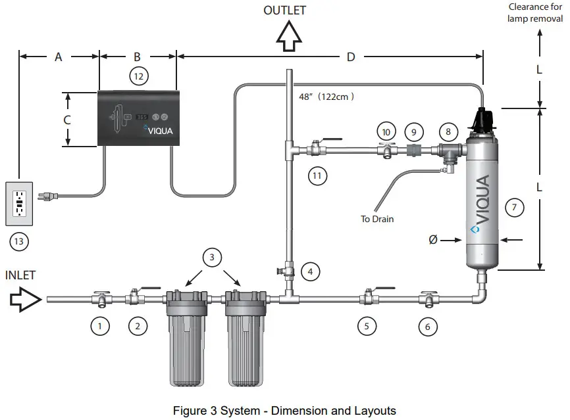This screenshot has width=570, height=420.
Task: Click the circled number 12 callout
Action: point(138,77)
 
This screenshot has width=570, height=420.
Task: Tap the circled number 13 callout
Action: point(20,241)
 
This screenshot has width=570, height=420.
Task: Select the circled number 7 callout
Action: point(515,208)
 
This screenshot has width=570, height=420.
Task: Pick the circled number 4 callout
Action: point(311,270)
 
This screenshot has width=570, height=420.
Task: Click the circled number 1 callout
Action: point(99,325)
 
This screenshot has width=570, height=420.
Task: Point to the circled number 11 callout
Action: point(319,175)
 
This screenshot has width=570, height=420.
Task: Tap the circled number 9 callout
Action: point(414,131)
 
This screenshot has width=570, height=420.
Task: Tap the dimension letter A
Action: point(58,57)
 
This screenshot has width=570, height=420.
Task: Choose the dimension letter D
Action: point(351,57)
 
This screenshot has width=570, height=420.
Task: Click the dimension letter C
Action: point(67,120)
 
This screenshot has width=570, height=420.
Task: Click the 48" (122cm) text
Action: point(326,97)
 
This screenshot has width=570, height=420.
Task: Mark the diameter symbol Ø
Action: point(432,240)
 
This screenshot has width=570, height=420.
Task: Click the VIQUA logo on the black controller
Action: point(160,130)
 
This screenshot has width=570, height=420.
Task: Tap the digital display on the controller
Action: point(142,117)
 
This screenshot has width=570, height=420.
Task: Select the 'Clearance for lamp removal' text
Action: point(535,13)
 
